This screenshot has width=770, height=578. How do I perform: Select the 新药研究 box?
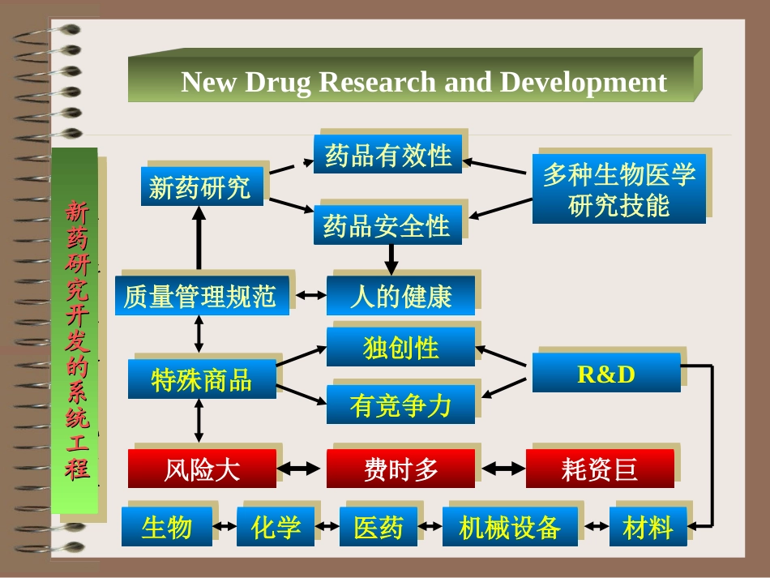click(x=202, y=187)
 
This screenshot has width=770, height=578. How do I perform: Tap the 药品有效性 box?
click(x=387, y=154)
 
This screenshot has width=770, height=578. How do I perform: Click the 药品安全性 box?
click(x=387, y=225)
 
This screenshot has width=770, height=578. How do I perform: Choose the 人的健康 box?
click(x=400, y=295)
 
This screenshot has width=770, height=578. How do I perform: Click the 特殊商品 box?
click(x=202, y=379)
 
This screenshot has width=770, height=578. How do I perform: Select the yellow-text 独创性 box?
click(x=400, y=347)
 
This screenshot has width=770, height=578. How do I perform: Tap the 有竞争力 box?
click(x=400, y=404)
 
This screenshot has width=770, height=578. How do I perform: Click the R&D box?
click(x=605, y=373)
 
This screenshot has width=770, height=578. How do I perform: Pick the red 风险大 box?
click(x=202, y=469)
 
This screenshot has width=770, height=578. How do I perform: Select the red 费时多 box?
click(x=400, y=469)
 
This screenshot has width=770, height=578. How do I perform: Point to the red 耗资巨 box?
click(x=599, y=469)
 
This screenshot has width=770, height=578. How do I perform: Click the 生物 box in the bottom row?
click(x=167, y=527)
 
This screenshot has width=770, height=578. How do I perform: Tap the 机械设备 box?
click(x=510, y=527)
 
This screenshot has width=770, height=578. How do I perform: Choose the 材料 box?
click(x=648, y=527)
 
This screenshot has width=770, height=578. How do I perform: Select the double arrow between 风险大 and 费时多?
click(x=301, y=469)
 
